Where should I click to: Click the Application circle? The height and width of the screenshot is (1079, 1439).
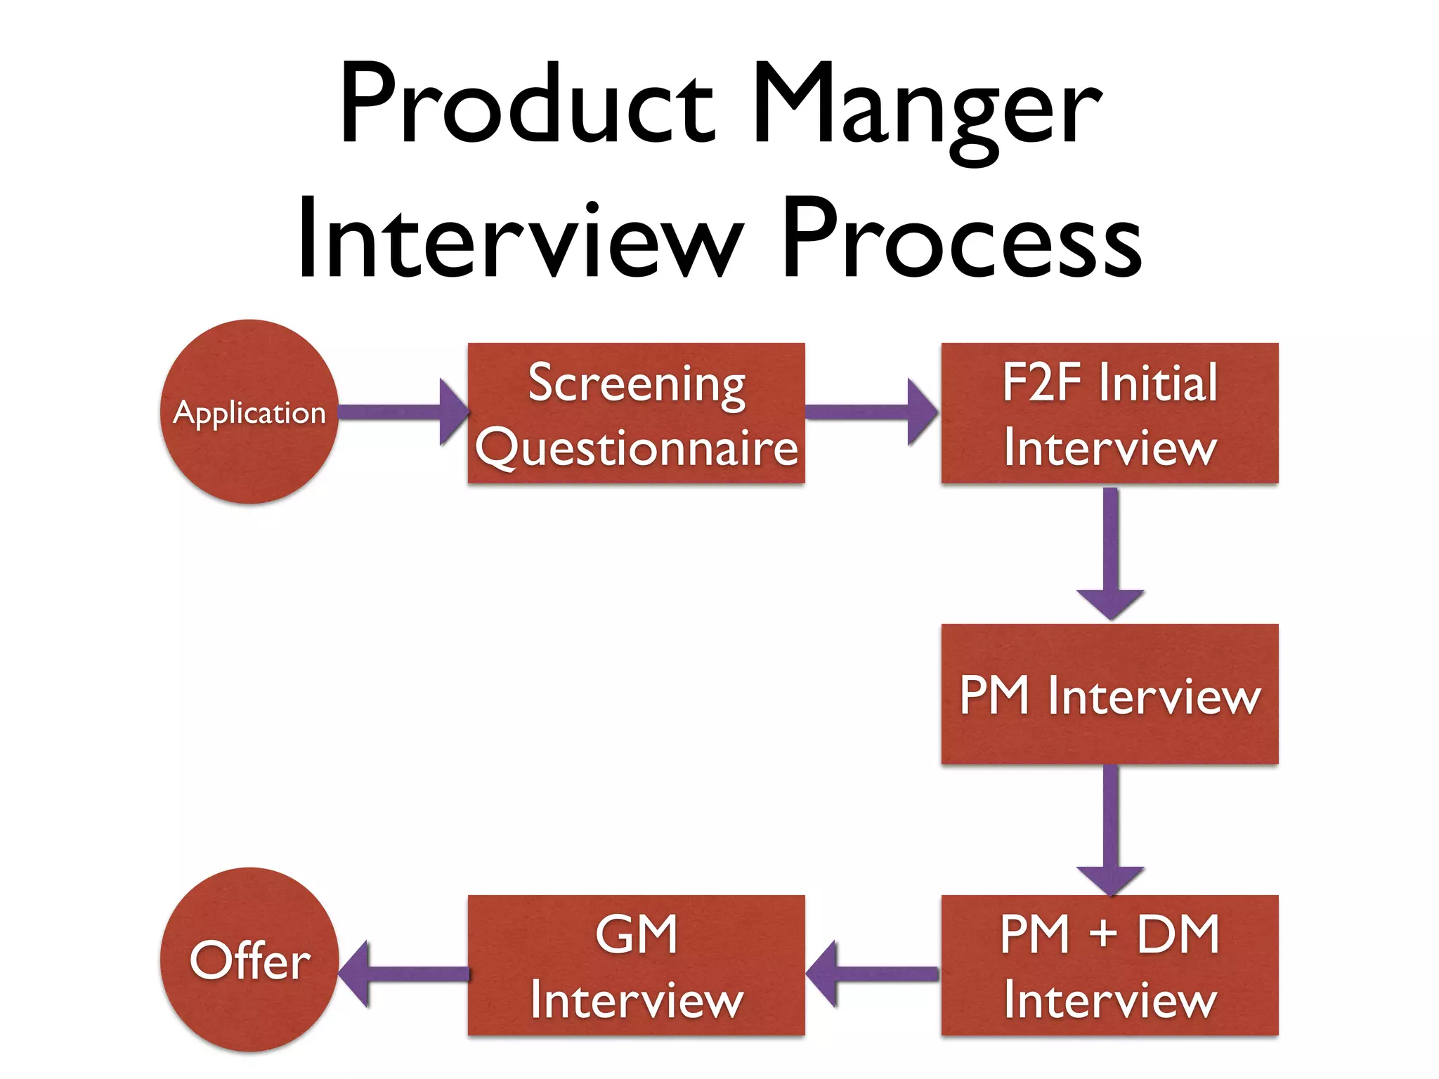click(x=249, y=412)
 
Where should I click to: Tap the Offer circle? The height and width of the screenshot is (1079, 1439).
click(x=249, y=960)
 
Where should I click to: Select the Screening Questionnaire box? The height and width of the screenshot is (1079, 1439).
click(x=636, y=413)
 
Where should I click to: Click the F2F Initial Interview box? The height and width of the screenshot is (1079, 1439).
click(x=1109, y=413)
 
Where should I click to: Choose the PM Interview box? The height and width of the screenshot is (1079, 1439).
click(x=1109, y=694)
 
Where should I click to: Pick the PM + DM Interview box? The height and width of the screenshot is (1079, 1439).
click(x=1109, y=965)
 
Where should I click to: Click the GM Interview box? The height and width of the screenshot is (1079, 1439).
click(x=636, y=965)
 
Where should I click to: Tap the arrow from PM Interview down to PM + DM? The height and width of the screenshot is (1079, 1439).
click(x=1110, y=829)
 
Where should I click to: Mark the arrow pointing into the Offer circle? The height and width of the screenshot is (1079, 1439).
click(x=404, y=974)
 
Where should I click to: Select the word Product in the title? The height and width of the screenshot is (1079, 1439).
click(x=527, y=105)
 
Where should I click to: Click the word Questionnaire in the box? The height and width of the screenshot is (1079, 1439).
click(x=637, y=447)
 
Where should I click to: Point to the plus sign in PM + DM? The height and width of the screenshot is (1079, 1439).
click(x=1103, y=934)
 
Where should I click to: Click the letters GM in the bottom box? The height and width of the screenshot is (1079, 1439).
click(x=637, y=934)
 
